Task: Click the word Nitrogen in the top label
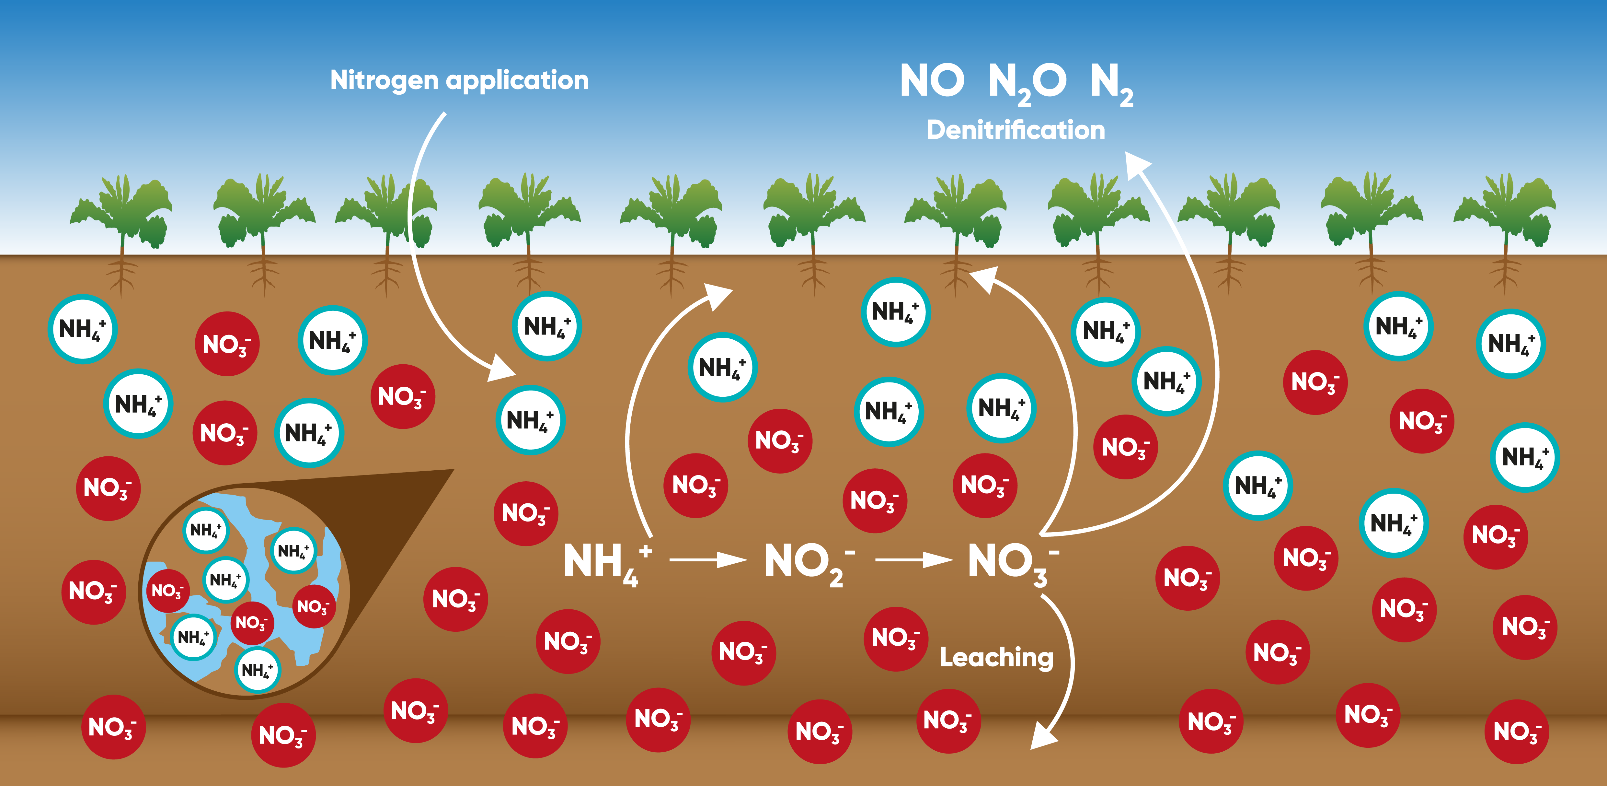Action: click(x=384, y=80)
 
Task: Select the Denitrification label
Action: click(x=1016, y=130)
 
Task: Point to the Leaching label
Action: click(x=996, y=657)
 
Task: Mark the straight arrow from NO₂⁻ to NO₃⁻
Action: click(x=914, y=560)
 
